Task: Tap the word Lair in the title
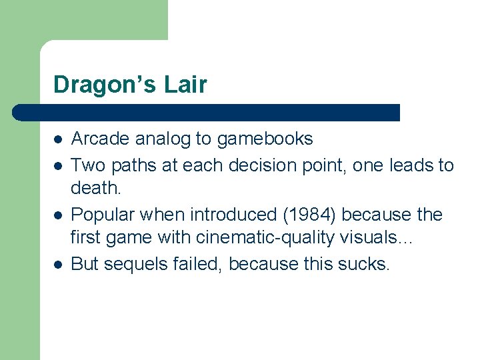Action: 187,85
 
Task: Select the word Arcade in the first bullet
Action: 101,139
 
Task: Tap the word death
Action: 96,189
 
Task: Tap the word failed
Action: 202,264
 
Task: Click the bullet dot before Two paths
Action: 59,165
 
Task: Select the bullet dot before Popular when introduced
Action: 59,215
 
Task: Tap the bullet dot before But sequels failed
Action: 59,265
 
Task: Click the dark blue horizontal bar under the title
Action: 207,112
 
